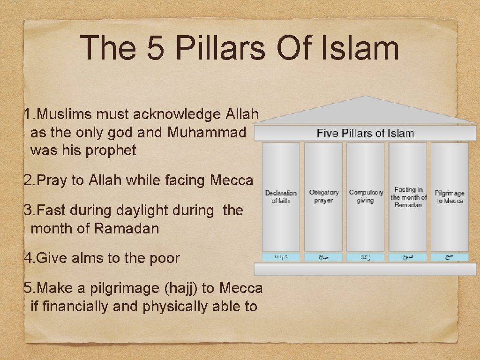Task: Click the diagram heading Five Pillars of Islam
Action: [x=365, y=134]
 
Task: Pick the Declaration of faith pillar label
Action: [x=281, y=197]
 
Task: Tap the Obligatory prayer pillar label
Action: [x=323, y=196]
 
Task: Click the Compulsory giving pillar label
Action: [x=366, y=196]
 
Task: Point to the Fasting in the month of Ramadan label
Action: [x=408, y=197]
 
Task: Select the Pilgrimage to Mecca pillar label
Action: [x=450, y=197]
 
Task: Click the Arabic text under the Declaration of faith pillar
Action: [x=281, y=257]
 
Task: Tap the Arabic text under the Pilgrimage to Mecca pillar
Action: [x=450, y=257]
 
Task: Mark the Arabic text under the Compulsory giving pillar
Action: [x=366, y=257]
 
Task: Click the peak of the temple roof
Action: [x=367, y=97]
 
